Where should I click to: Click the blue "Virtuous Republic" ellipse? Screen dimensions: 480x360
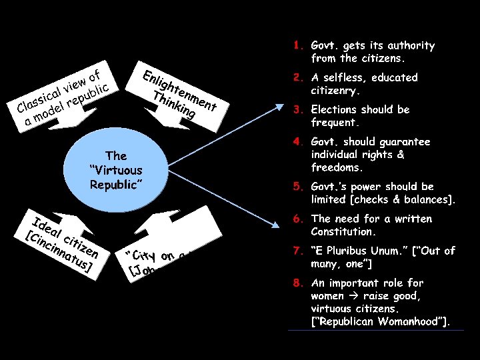point(115,170)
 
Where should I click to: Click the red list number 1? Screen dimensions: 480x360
point(298,46)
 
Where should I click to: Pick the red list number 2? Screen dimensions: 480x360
point(298,77)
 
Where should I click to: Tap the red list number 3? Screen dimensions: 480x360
point(298,109)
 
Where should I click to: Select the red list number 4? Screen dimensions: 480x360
point(298,141)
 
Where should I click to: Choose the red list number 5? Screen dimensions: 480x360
point(298,187)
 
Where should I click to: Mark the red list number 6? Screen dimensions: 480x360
point(298,219)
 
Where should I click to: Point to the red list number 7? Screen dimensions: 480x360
point(298,251)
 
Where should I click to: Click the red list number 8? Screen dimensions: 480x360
point(298,283)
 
